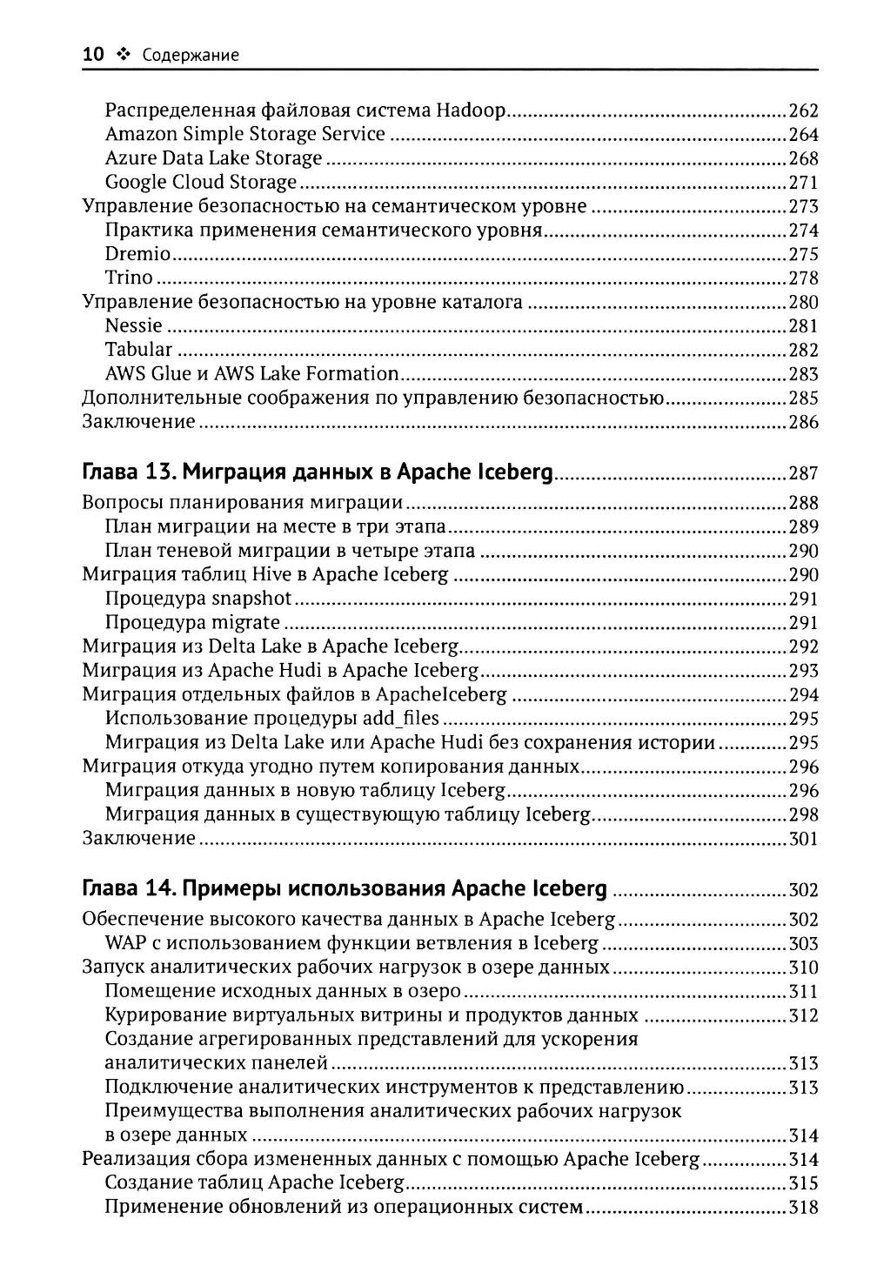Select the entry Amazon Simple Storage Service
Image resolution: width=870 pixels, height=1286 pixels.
244,134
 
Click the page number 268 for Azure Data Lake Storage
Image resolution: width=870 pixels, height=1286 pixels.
803,159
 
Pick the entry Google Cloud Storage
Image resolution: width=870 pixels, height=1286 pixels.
201,183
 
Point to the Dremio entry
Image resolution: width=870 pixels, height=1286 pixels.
137,255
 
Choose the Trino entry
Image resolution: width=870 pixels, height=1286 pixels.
129,278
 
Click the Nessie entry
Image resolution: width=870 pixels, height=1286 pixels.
133,326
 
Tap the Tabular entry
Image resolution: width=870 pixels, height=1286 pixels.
138,351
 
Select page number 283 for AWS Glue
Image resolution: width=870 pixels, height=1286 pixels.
803,375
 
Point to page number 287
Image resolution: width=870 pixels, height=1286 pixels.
803,474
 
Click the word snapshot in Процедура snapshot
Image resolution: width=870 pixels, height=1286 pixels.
251,599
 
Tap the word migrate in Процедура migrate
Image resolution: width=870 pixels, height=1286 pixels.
246,623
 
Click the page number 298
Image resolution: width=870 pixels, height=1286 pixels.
803,815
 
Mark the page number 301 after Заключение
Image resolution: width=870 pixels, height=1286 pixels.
803,840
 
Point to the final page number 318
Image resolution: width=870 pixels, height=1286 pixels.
803,1208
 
